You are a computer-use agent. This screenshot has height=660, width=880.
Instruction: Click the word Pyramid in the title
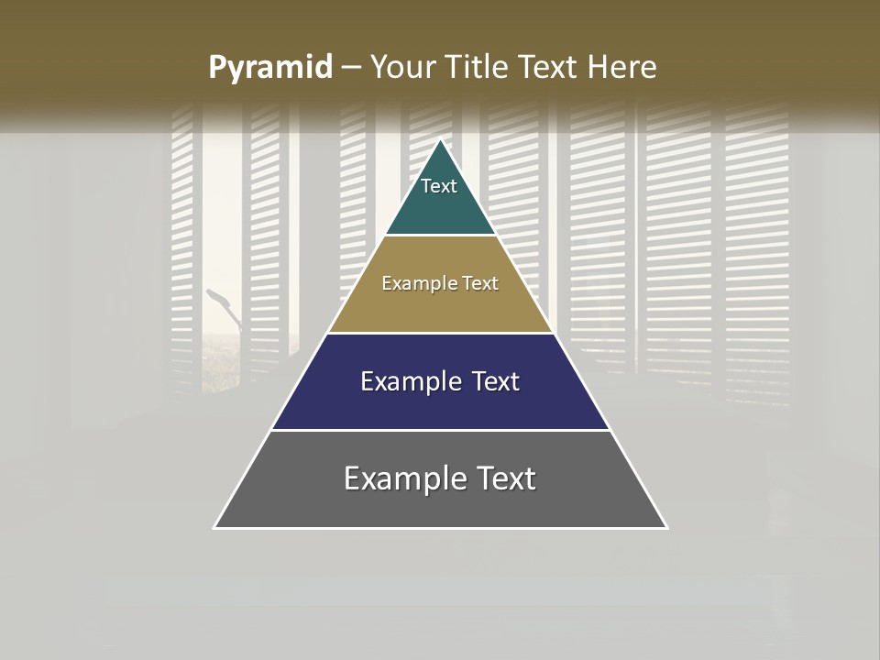click(x=269, y=68)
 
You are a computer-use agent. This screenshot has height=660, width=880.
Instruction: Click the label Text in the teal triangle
click(x=439, y=186)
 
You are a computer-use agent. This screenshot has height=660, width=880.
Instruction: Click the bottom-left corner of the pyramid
click(x=215, y=527)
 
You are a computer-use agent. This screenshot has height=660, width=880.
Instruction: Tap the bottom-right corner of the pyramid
click(x=665, y=527)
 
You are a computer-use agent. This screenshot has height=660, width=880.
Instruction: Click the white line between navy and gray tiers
click(x=440, y=430)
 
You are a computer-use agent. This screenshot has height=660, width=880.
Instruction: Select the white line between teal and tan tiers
click(x=440, y=236)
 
